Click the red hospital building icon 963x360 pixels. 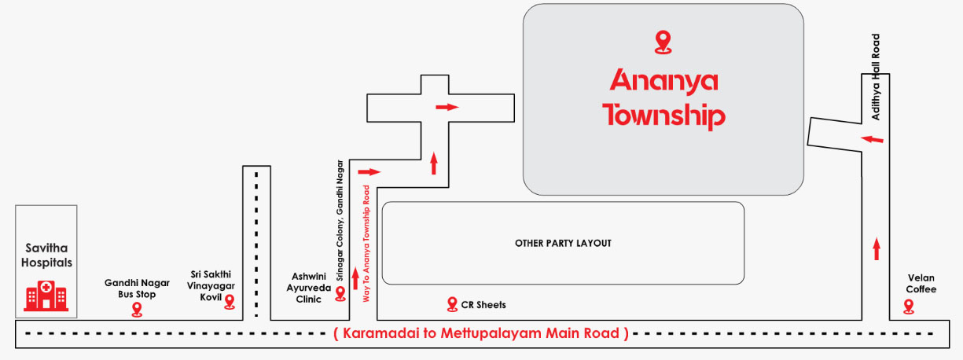[x=46, y=296]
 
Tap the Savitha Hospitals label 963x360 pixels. [x=46, y=255]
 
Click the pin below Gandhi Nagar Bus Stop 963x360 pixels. [x=137, y=310]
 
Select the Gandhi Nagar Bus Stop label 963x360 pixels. [x=137, y=288]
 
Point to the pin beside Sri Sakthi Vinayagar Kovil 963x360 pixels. [x=230, y=302]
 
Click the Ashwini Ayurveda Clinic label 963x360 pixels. [x=309, y=288]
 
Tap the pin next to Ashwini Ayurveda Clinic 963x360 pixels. [x=340, y=294]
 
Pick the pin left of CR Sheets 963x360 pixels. [x=452, y=304]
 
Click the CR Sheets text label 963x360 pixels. [x=483, y=305]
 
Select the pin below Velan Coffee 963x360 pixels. [x=909, y=307]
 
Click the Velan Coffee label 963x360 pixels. [x=921, y=284]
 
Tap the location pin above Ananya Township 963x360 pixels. [x=663, y=42]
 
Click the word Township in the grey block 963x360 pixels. [x=663, y=116]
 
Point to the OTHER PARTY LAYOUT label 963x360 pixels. [x=563, y=244]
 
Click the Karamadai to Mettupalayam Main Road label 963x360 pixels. [x=481, y=333]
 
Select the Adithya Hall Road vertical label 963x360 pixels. [x=876, y=76]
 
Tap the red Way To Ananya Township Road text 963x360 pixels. [x=366, y=244]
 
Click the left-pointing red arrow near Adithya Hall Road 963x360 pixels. [x=873, y=139]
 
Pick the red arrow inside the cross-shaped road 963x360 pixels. [x=447, y=107]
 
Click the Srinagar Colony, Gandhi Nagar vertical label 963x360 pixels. [x=340, y=221]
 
